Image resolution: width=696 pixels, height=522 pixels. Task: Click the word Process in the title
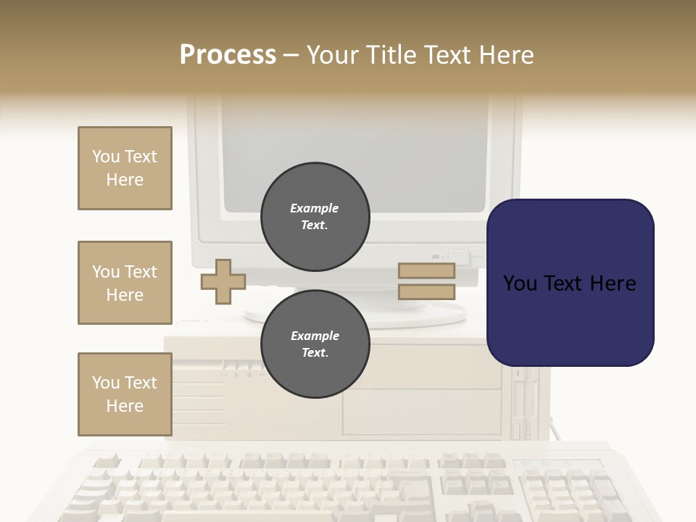pyautogui.click(x=228, y=54)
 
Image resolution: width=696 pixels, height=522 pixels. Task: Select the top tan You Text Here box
pyautogui.click(x=125, y=168)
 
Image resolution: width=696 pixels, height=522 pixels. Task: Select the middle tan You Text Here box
pyautogui.click(x=125, y=283)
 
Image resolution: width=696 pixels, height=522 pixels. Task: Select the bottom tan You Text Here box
pyautogui.click(x=125, y=394)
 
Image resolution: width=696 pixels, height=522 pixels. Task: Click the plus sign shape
pyautogui.click(x=223, y=281)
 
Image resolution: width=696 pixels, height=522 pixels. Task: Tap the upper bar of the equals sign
pyautogui.click(x=426, y=271)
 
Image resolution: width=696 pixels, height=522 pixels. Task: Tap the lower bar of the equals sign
pyautogui.click(x=426, y=292)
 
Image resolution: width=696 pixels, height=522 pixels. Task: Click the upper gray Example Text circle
pyautogui.click(x=315, y=217)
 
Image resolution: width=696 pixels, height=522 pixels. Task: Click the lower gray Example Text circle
pyautogui.click(x=315, y=344)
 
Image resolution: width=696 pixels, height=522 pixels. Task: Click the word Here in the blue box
pyautogui.click(x=613, y=283)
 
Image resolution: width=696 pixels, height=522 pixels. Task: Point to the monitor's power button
pyautogui.click(x=458, y=255)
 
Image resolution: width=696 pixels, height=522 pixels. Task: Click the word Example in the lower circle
pyautogui.click(x=315, y=336)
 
